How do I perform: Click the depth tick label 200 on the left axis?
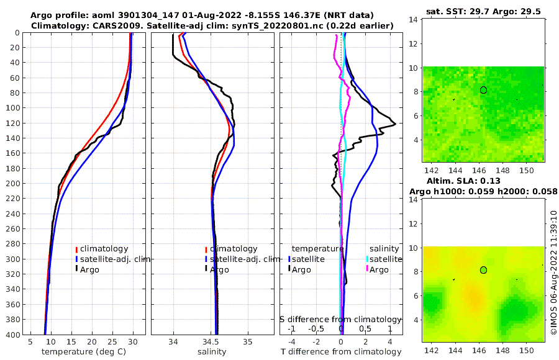(x=12, y=184)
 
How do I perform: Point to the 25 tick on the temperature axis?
(x=112, y=342)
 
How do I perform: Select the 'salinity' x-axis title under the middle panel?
(x=211, y=352)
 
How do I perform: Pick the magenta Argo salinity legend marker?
(x=367, y=269)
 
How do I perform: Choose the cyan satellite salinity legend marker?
(x=367, y=259)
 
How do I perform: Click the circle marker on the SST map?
(x=484, y=90)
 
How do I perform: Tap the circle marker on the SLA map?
(x=484, y=270)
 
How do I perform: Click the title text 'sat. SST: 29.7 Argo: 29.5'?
(x=483, y=12)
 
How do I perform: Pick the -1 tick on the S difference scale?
(x=292, y=328)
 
